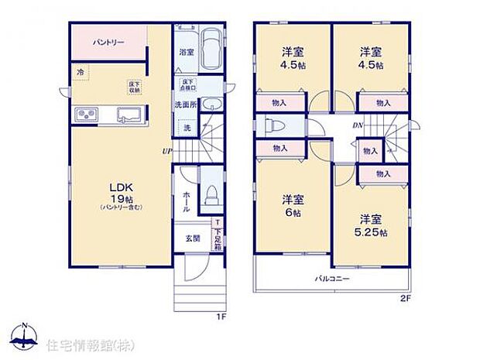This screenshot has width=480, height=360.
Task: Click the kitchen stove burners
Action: point(85,116)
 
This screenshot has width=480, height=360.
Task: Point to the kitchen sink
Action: point(129,116)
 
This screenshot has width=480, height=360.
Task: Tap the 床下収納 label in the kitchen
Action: point(135,85)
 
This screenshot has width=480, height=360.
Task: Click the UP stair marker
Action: point(166,151)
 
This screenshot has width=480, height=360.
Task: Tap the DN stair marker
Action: point(358,125)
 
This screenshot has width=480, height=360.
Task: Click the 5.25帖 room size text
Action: point(373,231)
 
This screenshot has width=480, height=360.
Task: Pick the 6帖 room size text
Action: point(291,211)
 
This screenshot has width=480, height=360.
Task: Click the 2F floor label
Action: point(406,298)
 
